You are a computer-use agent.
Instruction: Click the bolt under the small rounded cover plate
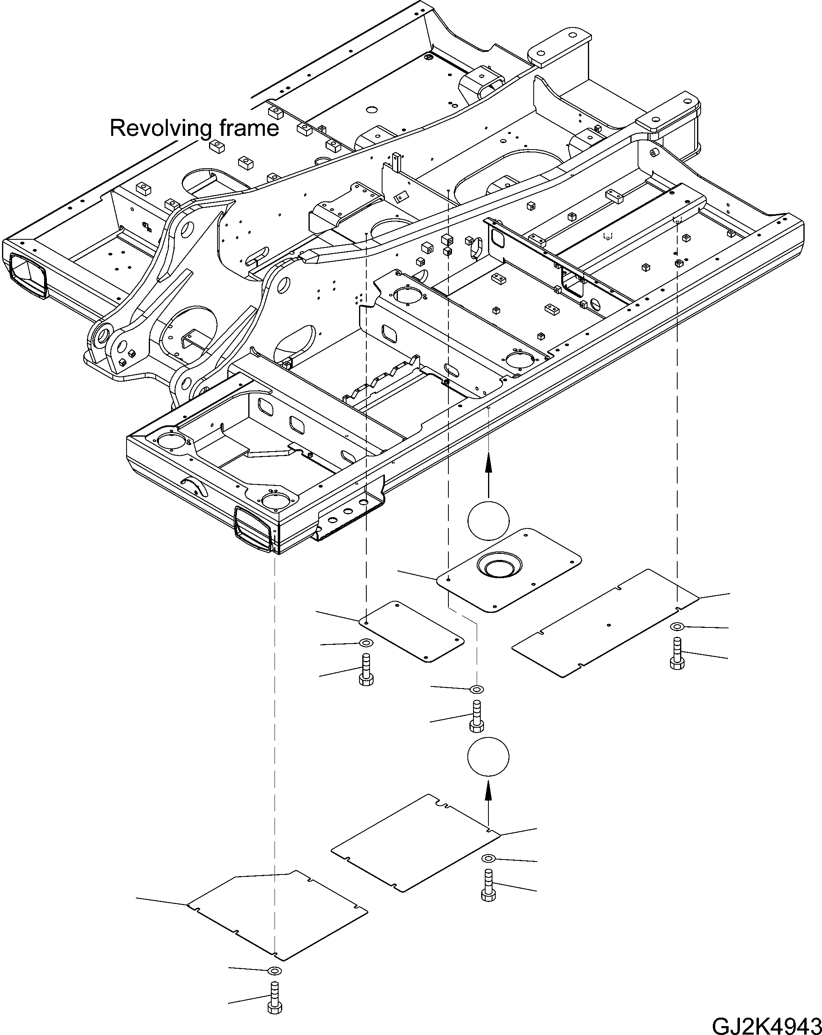[366, 670]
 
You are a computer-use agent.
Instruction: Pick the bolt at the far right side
[677, 653]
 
